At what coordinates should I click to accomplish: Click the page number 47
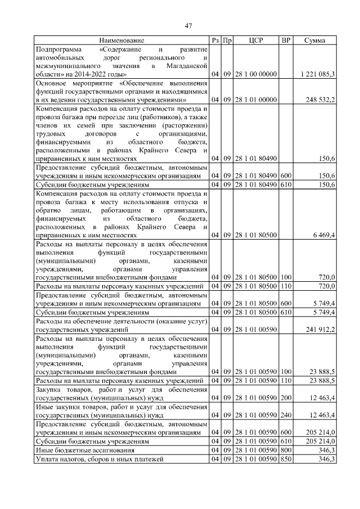189,25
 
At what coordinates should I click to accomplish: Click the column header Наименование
122,40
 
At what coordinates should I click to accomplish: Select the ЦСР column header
256,40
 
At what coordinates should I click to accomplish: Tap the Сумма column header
315,40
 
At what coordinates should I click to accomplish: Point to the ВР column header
286,40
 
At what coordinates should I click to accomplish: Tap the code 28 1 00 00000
256,74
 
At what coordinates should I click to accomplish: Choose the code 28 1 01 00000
256,100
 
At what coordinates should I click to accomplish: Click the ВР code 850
286,460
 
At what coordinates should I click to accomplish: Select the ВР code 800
286,451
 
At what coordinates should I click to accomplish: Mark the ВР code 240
286,416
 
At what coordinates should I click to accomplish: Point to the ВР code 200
286,398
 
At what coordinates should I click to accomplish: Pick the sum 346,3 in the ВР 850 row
327,460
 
